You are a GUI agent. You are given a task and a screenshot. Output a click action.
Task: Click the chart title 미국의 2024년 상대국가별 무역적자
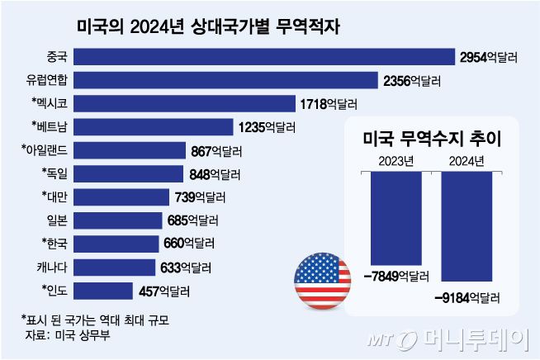(208, 26)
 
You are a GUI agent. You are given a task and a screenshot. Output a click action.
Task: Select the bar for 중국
(263, 56)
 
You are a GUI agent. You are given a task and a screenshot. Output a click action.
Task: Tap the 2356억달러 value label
(413, 80)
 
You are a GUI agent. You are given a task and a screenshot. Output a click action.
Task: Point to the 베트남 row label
(46, 126)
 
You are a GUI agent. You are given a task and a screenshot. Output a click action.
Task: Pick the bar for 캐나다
(114, 267)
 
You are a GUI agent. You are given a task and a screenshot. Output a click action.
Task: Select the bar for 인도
(102, 291)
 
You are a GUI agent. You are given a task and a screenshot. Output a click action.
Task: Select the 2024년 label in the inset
(467, 161)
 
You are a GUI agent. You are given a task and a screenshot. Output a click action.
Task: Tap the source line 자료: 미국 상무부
(63, 334)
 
